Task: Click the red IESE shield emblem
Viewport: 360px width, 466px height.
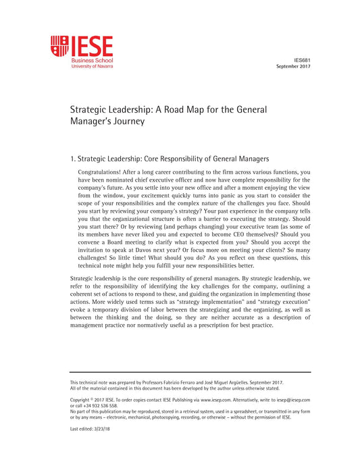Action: point(59,46)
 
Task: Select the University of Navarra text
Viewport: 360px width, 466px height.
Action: point(92,67)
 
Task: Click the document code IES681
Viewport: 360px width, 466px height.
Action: point(302,60)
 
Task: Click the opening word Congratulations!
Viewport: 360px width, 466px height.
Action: point(101,172)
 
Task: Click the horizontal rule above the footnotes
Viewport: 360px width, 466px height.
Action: point(190,372)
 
